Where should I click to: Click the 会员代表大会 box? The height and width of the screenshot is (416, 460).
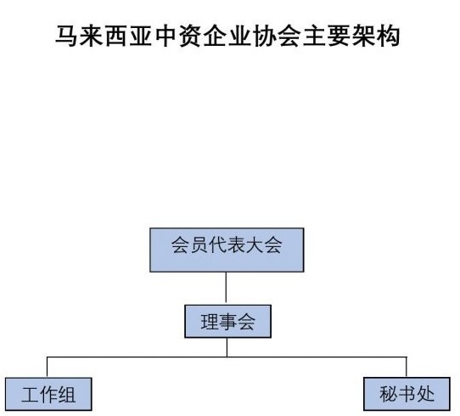point(227,250)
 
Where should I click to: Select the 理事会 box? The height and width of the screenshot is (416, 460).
point(227,322)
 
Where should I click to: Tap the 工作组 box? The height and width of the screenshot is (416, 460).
point(48,394)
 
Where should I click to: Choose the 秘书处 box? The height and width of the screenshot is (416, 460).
point(407,394)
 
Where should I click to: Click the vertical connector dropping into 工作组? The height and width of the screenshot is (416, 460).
point(48,368)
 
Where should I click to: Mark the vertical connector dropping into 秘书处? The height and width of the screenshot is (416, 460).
point(407,367)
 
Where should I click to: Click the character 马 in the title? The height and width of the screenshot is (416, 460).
point(66,37)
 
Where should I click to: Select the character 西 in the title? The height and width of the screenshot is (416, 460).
point(116,37)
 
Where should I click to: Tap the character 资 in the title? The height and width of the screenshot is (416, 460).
point(190,37)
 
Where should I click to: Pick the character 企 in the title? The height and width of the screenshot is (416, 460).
point(215,37)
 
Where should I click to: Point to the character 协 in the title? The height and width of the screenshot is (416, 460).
point(264,37)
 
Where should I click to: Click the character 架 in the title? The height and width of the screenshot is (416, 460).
point(363,37)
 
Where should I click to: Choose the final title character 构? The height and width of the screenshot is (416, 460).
point(388,37)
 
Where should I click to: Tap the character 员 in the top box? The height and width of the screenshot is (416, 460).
point(199,245)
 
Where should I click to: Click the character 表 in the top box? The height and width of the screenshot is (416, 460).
point(236,245)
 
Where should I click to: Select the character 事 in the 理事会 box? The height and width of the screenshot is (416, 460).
point(227,322)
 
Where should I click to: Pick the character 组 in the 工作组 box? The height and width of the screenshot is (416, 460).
point(67,395)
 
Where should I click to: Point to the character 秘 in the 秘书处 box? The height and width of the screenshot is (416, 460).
point(389,394)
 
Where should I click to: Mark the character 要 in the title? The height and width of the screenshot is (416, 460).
point(339,37)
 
